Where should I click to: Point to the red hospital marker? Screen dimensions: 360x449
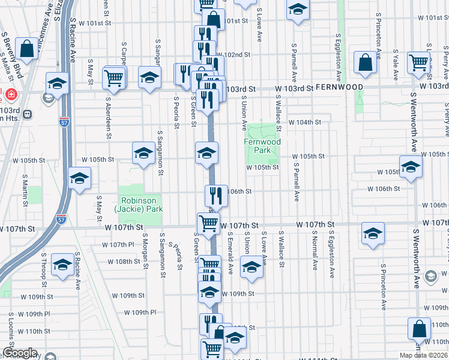coord(10,94)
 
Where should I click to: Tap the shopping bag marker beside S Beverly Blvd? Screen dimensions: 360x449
coord(26,48)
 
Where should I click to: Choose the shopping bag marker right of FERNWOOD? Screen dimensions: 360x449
coord(365,62)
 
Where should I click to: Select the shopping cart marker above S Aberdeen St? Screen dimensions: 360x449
coord(114,77)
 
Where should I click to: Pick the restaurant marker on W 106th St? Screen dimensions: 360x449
coord(216,195)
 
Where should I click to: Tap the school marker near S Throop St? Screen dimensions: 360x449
coord(62,265)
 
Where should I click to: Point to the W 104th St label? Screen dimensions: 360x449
coord(305,122)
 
